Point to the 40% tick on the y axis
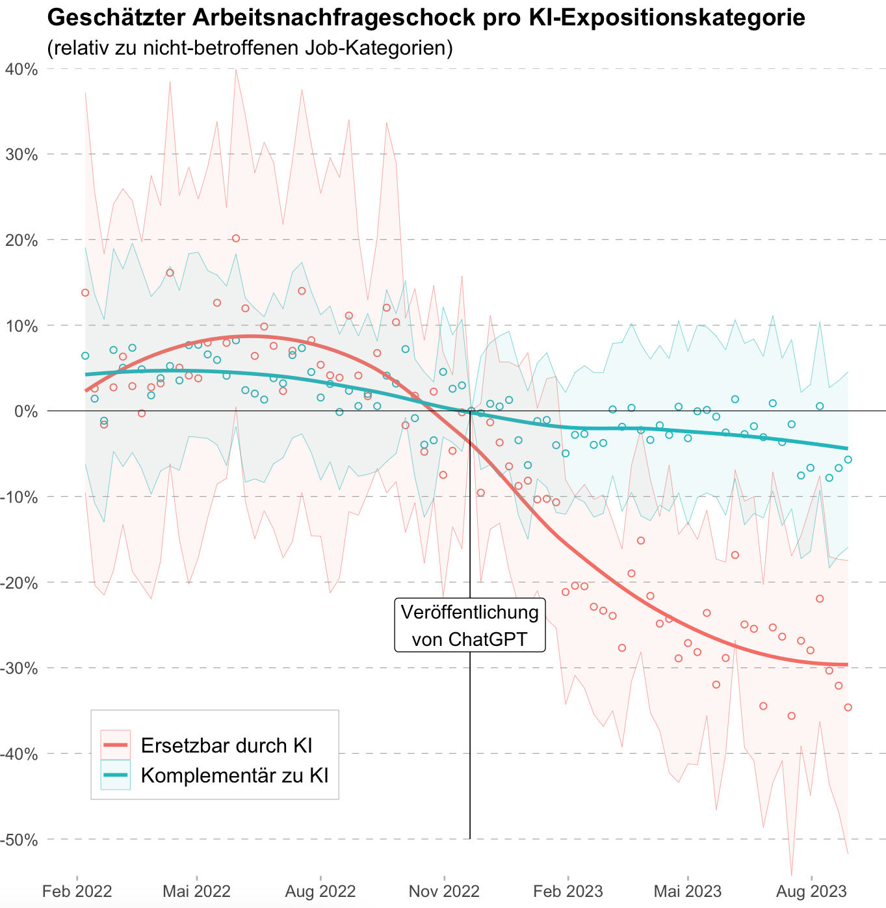(21, 69)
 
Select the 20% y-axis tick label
(21, 240)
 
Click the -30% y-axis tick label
(20, 668)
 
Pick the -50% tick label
(20, 839)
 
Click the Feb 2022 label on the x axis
(77, 891)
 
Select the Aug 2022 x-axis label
(320, 891)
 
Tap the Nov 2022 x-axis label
(444, 891)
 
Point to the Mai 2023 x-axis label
(687, 891)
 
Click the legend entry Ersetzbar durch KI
(227, 745)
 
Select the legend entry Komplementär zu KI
(235, 775)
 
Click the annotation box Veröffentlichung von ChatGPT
(470, 626)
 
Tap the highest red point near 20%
(236, 239)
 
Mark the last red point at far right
(848, 707)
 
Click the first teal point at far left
(85, 356)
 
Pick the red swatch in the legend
(116, 745)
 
